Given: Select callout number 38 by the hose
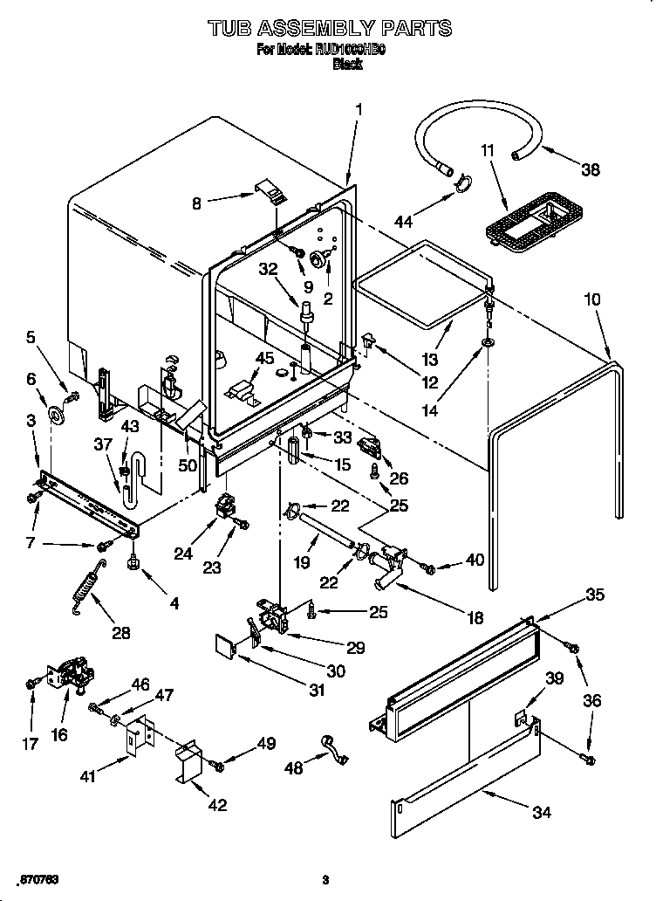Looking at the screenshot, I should tap(591, 170).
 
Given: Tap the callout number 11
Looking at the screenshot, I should tap(489, 150).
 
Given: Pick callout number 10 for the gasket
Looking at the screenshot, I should tap(591, 299).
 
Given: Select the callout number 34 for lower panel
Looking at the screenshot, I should tap(542, 812).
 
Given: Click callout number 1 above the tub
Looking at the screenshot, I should tap(359, 109).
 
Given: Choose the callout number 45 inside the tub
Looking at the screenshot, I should tap(264, 358).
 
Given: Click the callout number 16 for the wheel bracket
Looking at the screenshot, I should tap(59, 734).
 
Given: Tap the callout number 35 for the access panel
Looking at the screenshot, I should tap(594, 595).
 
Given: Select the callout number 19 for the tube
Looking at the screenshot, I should tap(301, 563).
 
